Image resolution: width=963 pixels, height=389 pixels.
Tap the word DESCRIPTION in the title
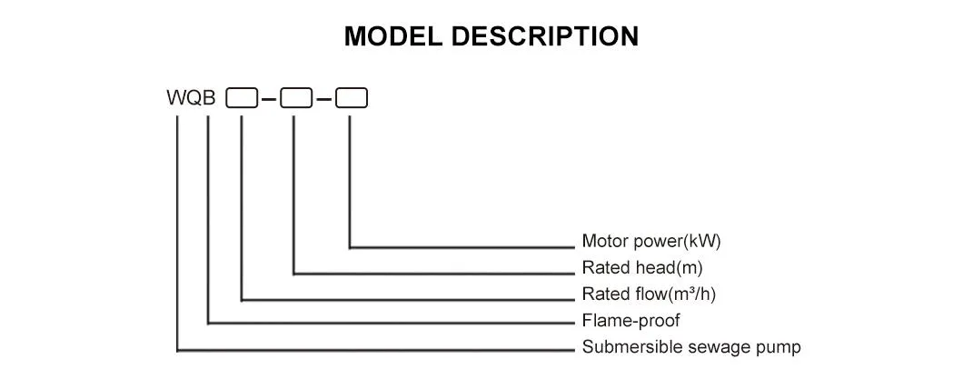(x=545, y=36)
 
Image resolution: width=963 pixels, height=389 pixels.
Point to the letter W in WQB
(x=174, y=98)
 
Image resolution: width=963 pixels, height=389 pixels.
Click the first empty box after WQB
(x=241, y=98)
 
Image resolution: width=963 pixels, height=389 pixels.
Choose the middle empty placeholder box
(x=295, y=98)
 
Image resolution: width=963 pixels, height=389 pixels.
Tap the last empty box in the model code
(x=351, y=98)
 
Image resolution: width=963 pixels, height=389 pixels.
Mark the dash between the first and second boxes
(x=268, y=99)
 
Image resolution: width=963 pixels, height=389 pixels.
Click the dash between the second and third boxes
(x=323, y=99)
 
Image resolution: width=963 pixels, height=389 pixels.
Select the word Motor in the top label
(x=602, y=242)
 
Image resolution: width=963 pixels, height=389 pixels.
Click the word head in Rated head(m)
(x=649, y=268)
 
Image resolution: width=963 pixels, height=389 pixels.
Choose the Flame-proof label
(x=630, y=321)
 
